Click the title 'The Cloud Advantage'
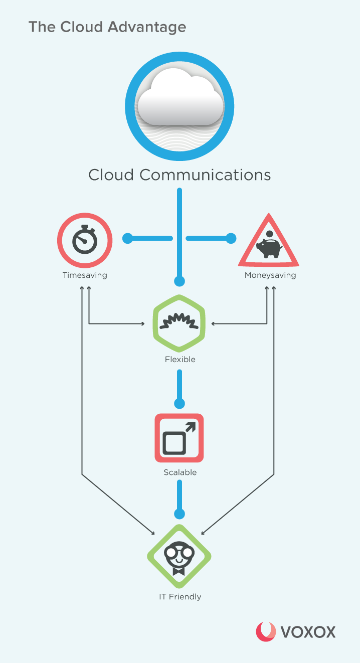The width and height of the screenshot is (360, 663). point(107,27)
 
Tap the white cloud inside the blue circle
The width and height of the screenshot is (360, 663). point(179,98)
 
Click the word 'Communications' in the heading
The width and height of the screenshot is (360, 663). point(205,175)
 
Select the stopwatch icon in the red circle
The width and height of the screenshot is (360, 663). point(85,240)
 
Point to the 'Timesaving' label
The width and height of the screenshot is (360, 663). point(85,275)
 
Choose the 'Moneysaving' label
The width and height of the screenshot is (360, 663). point(270,275)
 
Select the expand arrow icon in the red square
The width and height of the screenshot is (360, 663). point(179,438)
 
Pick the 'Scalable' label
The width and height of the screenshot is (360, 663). point(180,472)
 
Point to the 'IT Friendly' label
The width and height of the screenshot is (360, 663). point(179,597)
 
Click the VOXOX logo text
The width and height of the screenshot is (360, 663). point(308,632)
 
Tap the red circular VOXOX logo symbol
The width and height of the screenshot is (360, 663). point(266,632)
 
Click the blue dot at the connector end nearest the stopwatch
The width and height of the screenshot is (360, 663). point(127,238)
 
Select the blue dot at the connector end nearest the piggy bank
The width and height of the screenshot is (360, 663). point(231,238)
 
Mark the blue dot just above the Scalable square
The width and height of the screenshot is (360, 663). point(179,403)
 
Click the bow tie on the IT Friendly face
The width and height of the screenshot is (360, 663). point(179,571)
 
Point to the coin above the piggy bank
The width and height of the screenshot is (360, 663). point(270,234)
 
